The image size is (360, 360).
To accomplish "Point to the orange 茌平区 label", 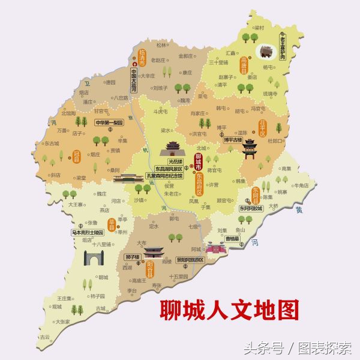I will tap(262, 128).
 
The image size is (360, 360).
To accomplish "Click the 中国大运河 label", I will tap(134, 80).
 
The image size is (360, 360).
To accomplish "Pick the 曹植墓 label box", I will tap(233, 238).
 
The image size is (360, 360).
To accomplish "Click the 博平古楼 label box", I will tap(232, 140).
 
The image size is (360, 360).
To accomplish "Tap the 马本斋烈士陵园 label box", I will tap(87, 231).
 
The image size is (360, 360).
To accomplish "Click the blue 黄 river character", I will tap(299, 210).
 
